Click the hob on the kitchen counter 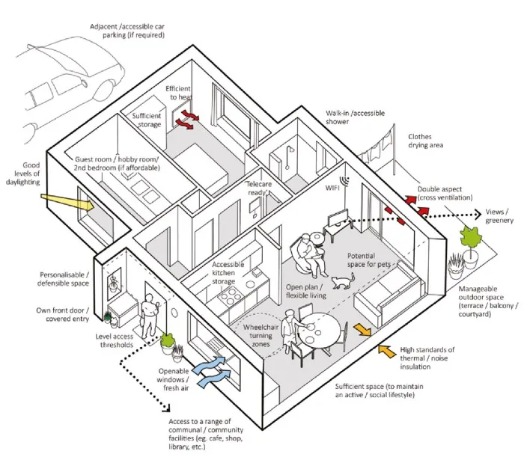pyautogui.click(x=227, y=300)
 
